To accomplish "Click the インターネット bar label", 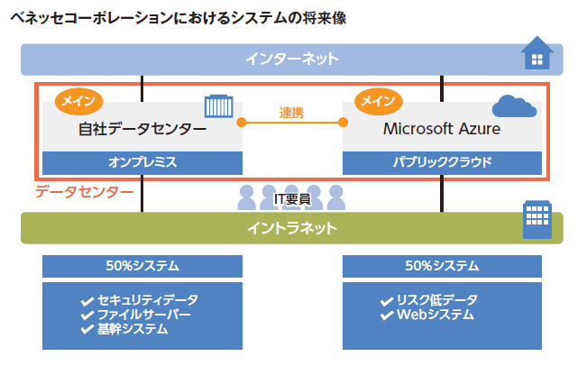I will tap(291, 59).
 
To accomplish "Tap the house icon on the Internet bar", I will tap(538, 54).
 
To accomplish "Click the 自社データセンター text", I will tap(142, 129).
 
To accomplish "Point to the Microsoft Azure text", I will tap(442, 129).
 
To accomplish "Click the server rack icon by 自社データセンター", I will tap(218, 106).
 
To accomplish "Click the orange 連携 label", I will tap(292, 113).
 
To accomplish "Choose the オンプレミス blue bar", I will tap(142, 162).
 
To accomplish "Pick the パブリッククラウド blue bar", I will tap(442, 162).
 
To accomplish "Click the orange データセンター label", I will tap(84, 191).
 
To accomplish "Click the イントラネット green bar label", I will tap(291, 228).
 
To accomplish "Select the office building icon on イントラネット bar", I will tap(537, 221).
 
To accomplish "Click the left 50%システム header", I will tap(142, 266).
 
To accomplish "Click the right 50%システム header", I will tap(442, 266).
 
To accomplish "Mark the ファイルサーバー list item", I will tap(143, 315).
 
